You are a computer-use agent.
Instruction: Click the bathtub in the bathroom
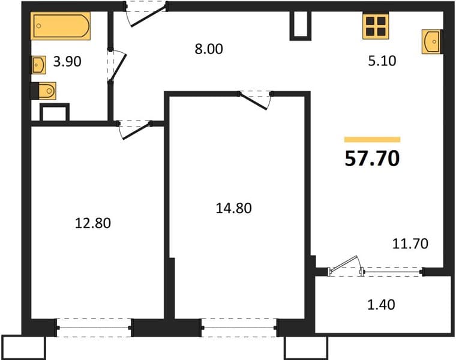61,26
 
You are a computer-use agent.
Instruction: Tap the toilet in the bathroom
44,91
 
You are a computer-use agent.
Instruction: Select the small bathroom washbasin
38,65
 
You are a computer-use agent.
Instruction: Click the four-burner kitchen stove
376,26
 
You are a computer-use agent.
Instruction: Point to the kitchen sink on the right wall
431,41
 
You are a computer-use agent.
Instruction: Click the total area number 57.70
372,159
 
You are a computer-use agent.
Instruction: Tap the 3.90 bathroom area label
67,62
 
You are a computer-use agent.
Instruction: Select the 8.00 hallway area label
209,49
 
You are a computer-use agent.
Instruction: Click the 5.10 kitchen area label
382,61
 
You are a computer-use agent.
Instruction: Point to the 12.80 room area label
93,223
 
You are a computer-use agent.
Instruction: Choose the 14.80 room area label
234,208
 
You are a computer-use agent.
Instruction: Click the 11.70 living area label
410,244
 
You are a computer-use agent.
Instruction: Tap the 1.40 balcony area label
381,305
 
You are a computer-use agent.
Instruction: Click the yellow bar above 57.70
372,140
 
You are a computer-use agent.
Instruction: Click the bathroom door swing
117,66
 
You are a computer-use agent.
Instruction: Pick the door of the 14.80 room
255,100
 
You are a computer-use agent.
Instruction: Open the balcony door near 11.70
345,266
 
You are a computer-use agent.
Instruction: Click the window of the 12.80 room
94,328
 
